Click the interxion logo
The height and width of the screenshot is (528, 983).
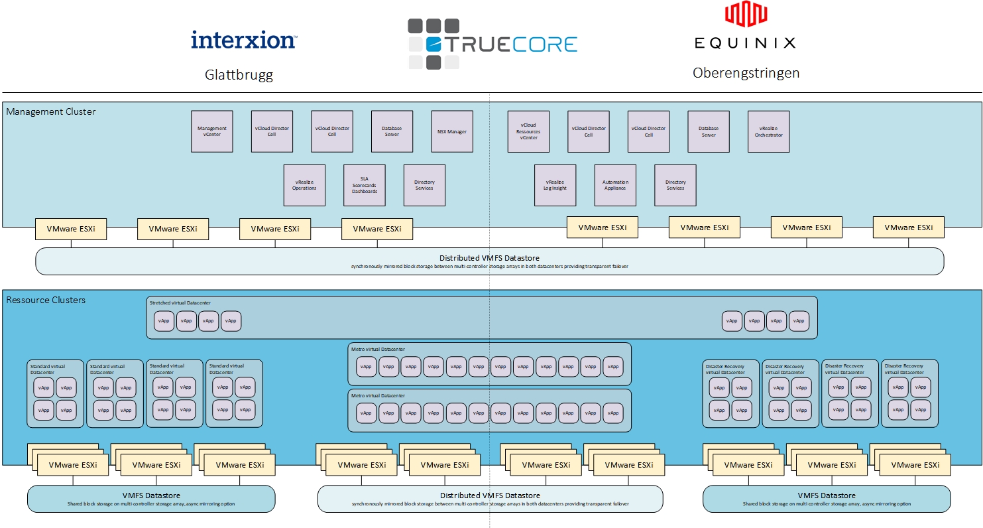pyautogui.click(x=243, y=40)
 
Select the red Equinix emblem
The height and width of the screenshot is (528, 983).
pyautogui.click(x=745, y=15)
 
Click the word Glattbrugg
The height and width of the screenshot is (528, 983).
pyautogui.click(x=239, y=75)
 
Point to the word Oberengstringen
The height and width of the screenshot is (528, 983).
pyautogui.click(x=746, y=73)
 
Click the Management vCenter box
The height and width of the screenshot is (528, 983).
pyautogui.click(x=212, y=131)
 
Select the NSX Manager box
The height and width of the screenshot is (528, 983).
pyautogui.click(x=451, y=131)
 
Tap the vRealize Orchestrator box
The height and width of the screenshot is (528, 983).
pyautogui.click(x=768, y=131)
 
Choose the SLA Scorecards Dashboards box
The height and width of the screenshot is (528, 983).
pyautogui.click(x=364, y=185)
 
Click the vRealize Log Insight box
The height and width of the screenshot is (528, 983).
pyautogui.click(x=555, y=185)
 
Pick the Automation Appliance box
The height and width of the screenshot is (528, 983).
pyautogui.click(x=615, y=185)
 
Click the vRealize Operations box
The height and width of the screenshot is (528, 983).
pyautogui.click(x=304, y=185)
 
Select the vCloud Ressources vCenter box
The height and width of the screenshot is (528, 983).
pyautogui.click(x=528, y=131)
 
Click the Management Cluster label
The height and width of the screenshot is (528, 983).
pyautogui.click(x=51, y=111)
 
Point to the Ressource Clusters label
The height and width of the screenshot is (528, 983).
pyautogui.click(x=46, y=300)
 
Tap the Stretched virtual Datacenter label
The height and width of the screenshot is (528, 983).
pyautogui.click(x=180, y=303)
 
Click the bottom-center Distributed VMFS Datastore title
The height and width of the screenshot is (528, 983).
pyautogui.click(x=490, y=495)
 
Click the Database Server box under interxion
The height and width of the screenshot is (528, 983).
pyautogui.click(x=392, y=131)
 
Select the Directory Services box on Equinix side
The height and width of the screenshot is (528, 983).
pyautogui.click(x=675, y=185)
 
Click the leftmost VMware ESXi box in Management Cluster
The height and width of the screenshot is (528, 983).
pyautogui.click(x=71, y=228)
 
